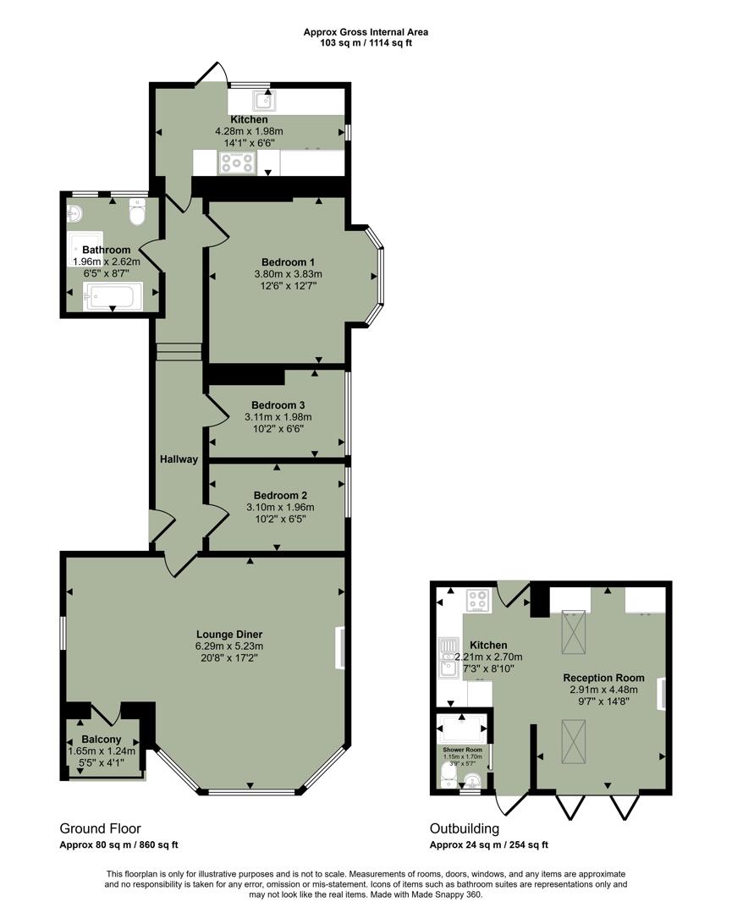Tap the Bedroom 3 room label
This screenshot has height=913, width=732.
pyautogui.click(x=278, y=404)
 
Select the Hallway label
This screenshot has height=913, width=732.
pyautogui.click(x=179, y=459)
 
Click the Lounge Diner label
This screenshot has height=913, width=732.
pyautogui.click(x=229, y=634)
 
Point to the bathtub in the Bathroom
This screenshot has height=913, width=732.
pyautogui.click(x=112, y=296)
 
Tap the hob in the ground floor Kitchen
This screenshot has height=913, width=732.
pyautogui.click(x=238, y=162)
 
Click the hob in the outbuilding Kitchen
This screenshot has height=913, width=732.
pyautogui.click(x=478, y=600)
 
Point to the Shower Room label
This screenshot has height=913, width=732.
pyautogui.click(x=462, y=750)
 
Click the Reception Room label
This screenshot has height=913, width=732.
pyautogui.click(x=603, y=678)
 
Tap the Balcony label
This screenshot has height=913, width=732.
pyautogui.click(x=102, y=739)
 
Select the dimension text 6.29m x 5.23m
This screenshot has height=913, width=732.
pyautogui.click(x=229, y=646)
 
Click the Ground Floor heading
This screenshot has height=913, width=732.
pyautogui.click(x=100, y=828)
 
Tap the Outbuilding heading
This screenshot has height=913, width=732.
pyautogui.click(x=464, y=828)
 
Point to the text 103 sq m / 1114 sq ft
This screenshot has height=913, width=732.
pyautogui.click(x=366, y=43)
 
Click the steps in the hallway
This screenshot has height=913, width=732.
pyautogui.click(x=179, y=351)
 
